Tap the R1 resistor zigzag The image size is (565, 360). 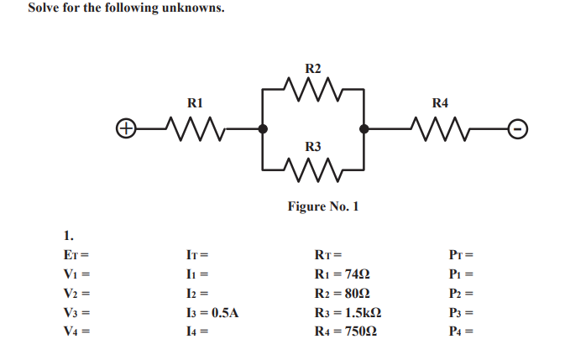pos(194,129)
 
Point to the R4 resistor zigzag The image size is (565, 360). pos(440,129)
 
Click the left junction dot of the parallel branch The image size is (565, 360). pos(263,129)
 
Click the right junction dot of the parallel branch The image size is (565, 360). pos(364,129)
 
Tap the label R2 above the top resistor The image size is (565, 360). pos(312,67)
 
